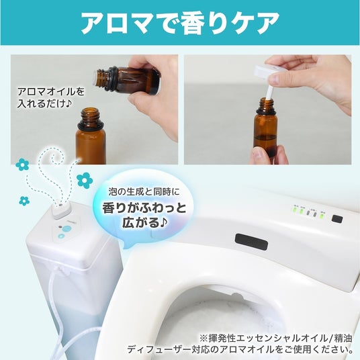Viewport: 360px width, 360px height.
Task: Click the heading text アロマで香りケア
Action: [180, 23]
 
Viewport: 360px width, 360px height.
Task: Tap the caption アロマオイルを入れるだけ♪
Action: [51, 98]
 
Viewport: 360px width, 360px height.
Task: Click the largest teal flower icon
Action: [85, 181]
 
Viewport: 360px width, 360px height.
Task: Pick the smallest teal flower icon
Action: [24, 201]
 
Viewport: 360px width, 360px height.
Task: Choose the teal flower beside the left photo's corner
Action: [22, 165]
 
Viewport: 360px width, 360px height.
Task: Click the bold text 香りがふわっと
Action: [144, 208]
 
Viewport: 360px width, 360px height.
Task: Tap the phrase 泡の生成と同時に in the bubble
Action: [144, 191]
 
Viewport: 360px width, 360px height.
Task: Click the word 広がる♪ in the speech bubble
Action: [144, 223]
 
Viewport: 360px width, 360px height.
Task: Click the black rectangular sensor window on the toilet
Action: [251, 242]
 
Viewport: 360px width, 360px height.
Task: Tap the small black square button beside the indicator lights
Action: [337, 219]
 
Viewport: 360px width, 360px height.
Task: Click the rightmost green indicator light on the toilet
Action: [322, 216]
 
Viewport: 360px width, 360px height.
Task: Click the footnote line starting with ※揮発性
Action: [276, 339]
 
